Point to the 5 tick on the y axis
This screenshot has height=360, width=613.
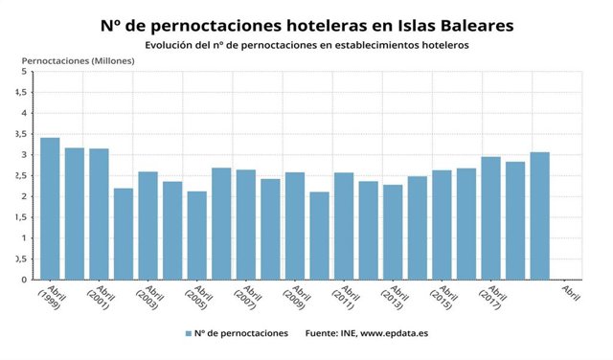pyautogui.click(x=24, y=71)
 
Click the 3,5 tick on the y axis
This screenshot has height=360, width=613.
pyautogui.click(x=20, y=134)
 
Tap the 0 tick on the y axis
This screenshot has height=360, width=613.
pyautogui.click(x=24, y=281)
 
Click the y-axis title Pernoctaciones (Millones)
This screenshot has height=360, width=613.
pyautogui.click(x=78, y=59)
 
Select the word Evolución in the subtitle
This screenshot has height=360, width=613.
pyautogui.click(x=170, y=44)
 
